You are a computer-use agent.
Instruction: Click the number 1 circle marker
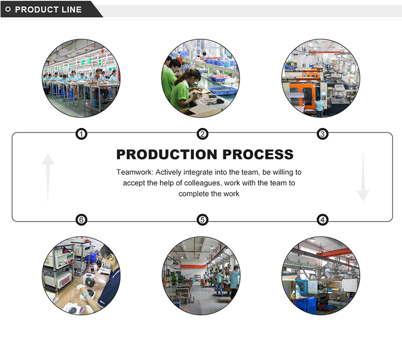coord(81,134)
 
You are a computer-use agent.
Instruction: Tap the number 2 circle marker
coord(203,134)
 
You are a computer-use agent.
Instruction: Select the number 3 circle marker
coord(322,134)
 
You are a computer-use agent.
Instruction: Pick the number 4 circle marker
coord(322,220)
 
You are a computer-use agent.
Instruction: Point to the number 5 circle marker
coord(203,220)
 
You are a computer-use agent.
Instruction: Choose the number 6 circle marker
coord(81,220)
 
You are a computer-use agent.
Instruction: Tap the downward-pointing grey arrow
coord(363,177)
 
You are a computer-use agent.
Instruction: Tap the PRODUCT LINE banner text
coord(48,10)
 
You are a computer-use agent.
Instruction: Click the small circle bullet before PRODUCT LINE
coord(8,10)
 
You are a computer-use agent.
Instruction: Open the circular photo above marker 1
coord(81,78)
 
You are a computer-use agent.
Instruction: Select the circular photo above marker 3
coord(321,78)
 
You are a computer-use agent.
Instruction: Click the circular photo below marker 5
coord(201,275)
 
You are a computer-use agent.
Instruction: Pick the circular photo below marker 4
coord(321,275)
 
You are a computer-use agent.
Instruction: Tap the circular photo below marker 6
coord(81,275)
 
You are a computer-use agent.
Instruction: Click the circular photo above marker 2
coord(201,78)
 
